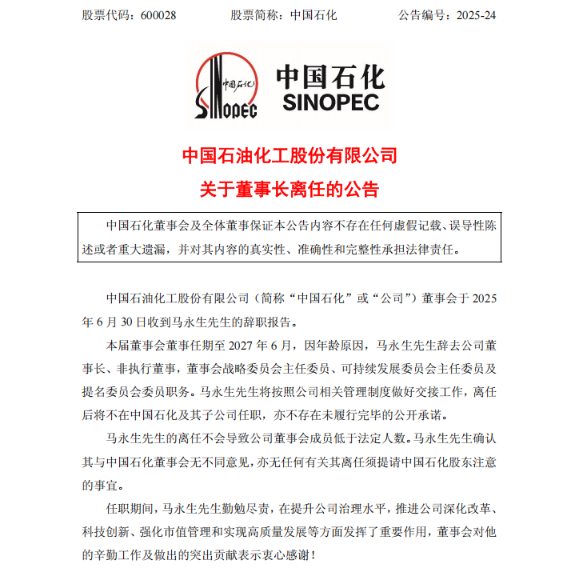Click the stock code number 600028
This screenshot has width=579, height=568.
tap(164, 15)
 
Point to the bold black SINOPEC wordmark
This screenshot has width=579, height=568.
tap(331, 102)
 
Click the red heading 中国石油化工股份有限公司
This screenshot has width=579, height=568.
tap(289, 154)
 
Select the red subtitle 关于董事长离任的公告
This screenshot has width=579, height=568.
tap(289, 190)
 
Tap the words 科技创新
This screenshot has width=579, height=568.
tap(106, 532)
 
